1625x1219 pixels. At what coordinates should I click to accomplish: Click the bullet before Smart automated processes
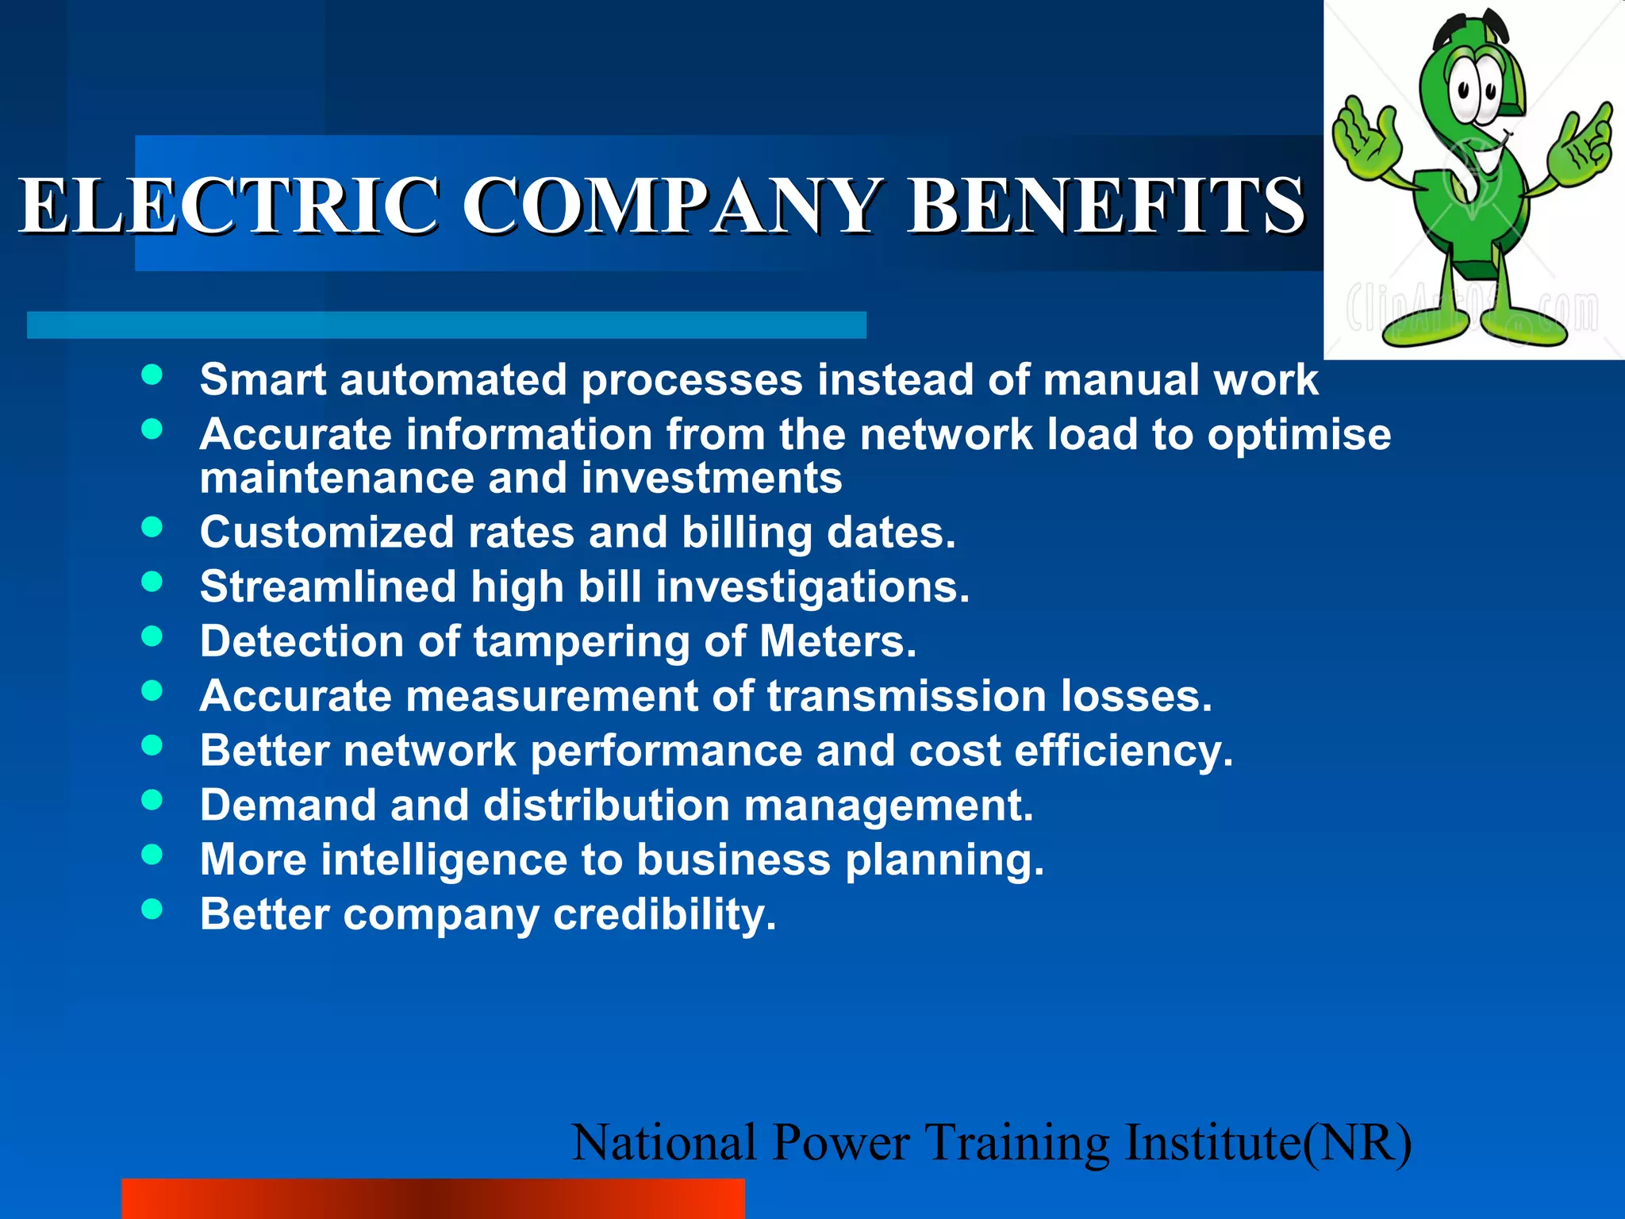coord(152,375)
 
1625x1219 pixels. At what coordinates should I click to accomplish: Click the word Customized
coord(326,533)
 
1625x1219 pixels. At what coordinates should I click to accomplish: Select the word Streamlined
coord(328,587)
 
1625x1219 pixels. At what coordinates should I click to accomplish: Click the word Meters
coord(837,641)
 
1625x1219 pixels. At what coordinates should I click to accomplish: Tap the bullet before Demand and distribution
coord(152,799)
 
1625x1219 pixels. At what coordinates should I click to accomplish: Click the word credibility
coord(664,915)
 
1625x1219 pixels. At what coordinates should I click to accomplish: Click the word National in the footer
coord(663,1144)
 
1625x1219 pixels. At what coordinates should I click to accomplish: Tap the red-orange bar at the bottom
coord(432,1198)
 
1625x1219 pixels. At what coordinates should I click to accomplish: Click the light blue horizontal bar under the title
coord(446,325)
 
